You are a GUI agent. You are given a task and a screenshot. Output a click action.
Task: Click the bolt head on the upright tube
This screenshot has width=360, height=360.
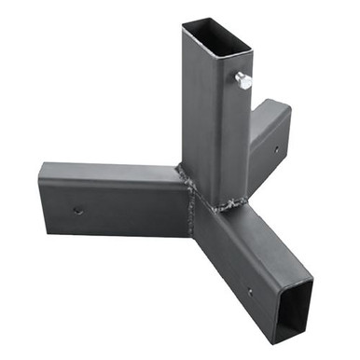(244, 81)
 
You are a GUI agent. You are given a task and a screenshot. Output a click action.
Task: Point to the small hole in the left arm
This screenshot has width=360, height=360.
(77, 211)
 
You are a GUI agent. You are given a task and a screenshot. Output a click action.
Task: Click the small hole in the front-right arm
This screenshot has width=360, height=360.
(249, 292)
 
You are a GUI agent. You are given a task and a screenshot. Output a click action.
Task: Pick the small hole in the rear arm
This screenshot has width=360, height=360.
(277, 147)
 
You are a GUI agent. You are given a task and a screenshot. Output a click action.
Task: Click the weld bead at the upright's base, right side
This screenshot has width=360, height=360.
(233, 203)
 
